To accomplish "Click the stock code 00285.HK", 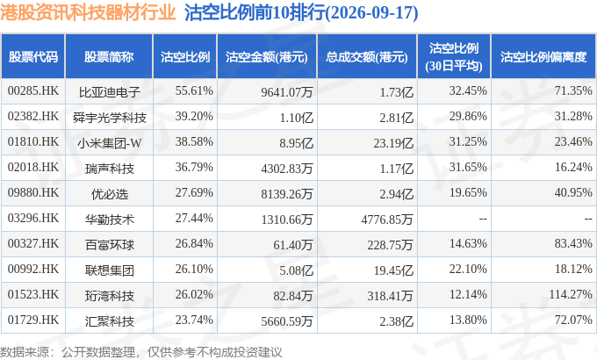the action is point(33,91).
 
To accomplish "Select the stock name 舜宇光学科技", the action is point(109,118).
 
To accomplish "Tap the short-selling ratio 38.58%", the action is point(194,142).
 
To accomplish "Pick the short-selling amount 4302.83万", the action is point(287,169).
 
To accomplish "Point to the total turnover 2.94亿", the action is point(396,194).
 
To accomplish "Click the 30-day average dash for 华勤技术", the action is point(483,219).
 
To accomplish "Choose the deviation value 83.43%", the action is point(573,243).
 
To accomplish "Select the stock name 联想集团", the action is point(109,270).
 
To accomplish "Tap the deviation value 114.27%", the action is point(571,294).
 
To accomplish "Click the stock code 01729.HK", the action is point(33,320).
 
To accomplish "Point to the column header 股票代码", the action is point(33,57).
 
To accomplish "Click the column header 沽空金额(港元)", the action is point(267,57).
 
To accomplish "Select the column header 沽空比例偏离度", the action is point(543,57).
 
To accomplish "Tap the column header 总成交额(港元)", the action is point(367,57).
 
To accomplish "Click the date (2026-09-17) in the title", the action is point(372,13).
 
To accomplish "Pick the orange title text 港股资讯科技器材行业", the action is point(88,12).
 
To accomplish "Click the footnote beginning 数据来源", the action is point(140,352).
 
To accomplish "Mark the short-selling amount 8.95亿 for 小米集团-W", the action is point(296,143).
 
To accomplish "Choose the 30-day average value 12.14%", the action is point(468,294).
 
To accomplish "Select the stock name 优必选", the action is point(109,194).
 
